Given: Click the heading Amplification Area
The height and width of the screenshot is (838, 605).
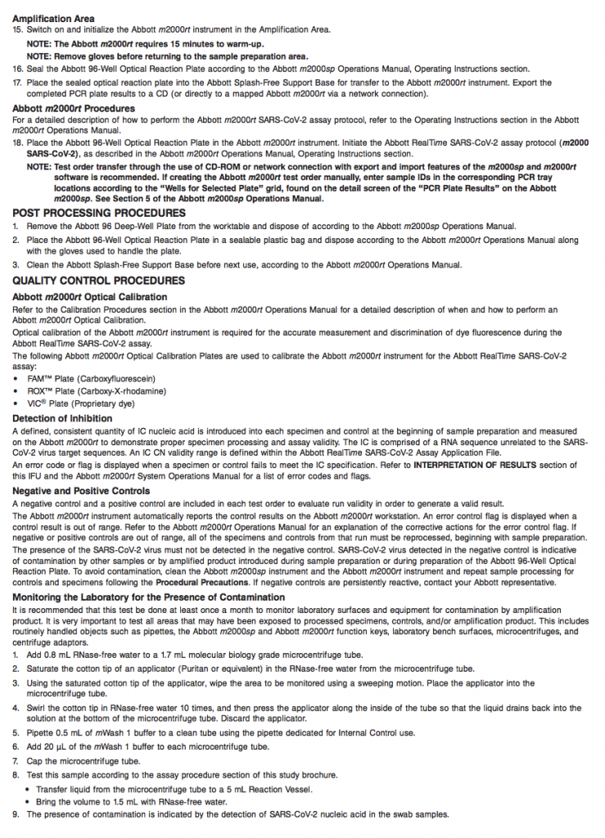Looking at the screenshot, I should click(x=53, y=18).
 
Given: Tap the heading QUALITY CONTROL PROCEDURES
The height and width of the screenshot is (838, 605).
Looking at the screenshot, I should click(x=98, y=281).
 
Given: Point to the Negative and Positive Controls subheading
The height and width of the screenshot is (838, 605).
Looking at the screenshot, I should click(x=81, y=491).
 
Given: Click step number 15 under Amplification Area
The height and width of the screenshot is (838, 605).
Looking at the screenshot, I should click(x=17, y=29).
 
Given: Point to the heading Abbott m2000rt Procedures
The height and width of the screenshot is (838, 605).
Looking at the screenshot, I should click(x=74, y=108).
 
